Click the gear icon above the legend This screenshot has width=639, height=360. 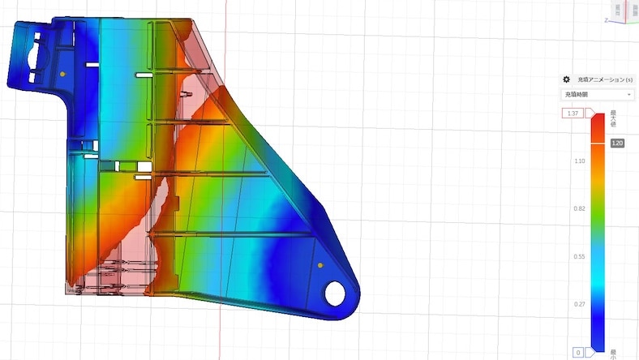567,79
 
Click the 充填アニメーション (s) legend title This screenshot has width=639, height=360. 600,79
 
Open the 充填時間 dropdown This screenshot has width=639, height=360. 598,94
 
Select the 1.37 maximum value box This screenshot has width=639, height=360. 573,114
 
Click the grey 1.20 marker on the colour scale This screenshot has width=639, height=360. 617,143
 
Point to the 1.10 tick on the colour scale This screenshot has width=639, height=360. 579,161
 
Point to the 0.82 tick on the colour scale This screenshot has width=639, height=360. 579,208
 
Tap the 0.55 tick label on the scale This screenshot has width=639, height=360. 579,256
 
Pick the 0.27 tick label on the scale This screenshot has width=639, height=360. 579,304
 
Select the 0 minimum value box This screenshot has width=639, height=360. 578,353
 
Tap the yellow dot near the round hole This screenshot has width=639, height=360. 320,265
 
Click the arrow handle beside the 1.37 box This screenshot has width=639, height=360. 591,114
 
